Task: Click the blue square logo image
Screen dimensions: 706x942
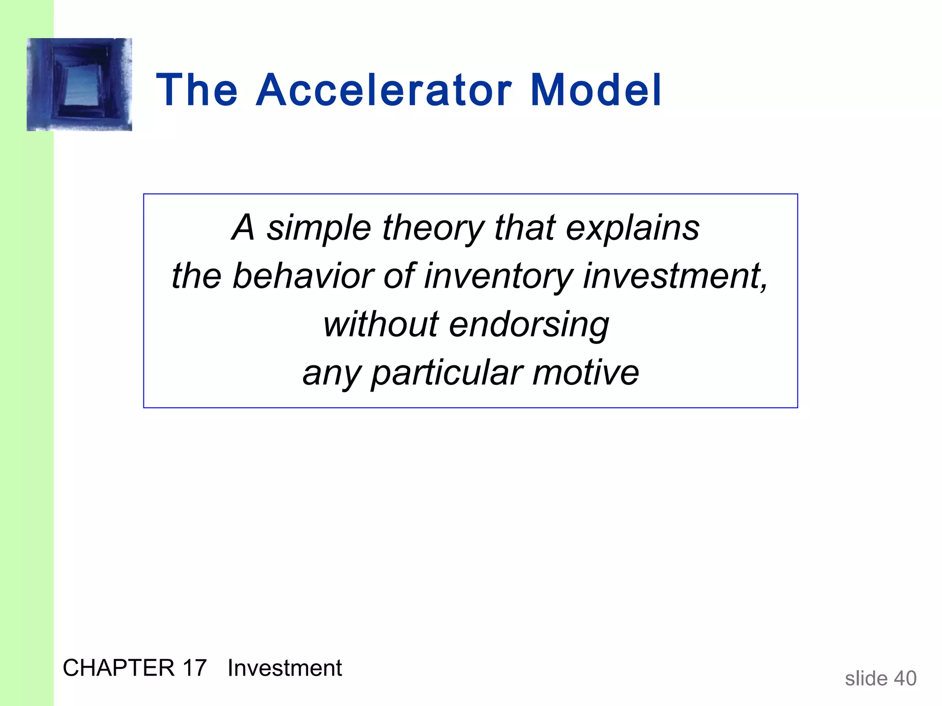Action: point(80,85)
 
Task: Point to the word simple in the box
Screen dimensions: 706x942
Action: point(319,228)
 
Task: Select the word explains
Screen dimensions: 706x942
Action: point(632,228)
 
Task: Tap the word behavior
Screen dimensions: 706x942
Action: point(302,277)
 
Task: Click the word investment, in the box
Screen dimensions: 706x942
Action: point(675,277)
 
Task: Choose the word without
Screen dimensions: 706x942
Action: point(381,325)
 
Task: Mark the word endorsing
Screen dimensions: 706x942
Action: point(529,325)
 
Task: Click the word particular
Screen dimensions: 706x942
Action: point(447,373)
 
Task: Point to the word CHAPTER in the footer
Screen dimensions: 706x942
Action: point(119,668)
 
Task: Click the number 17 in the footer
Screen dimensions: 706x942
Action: point(194,668)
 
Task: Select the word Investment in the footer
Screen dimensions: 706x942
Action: point(285,668)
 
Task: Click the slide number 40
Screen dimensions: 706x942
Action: point(905,678)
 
